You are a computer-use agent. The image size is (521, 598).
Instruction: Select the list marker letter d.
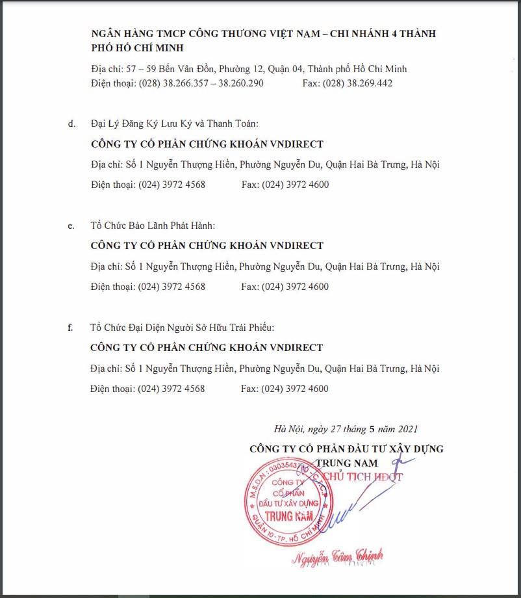[71, 123]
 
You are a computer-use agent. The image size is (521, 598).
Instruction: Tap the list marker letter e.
[71, 226]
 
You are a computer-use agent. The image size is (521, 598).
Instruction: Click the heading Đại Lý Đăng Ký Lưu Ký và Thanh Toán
[175, 123]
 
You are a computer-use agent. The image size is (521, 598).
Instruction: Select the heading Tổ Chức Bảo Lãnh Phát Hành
[153, 226]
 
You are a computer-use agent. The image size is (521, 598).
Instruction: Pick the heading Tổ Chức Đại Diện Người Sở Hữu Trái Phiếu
[187, 328]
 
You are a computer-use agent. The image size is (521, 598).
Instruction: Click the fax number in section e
[295, 287]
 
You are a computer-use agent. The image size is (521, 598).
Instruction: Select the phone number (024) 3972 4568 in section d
[172, 185]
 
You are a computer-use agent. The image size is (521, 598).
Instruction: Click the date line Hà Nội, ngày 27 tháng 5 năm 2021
[346, 429]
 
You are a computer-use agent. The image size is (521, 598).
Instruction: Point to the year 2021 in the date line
[407, 429]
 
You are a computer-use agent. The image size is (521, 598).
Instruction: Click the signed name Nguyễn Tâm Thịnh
[338, 556]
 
